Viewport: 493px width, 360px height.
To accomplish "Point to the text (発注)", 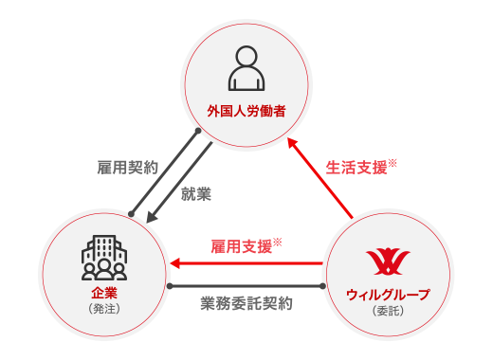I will click(x=101, y=310).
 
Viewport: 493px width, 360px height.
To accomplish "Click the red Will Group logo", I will click(x=384, y=259).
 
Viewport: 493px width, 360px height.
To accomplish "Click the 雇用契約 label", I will click(x=128, y=166).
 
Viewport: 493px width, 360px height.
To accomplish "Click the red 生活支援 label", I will click(x=356, y=168).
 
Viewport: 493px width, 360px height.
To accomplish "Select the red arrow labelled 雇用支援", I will click(x=246, y=263).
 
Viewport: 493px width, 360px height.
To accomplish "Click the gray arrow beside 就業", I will click(x=179, y=180).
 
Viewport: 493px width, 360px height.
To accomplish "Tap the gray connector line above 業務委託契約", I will click(x=246, y=284).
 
